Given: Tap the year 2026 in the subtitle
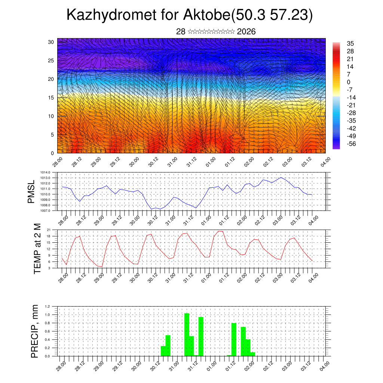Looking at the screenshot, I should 246,32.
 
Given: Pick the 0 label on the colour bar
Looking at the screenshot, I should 349,82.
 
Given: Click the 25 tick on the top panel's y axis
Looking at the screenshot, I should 51,60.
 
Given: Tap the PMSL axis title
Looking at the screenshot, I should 33,191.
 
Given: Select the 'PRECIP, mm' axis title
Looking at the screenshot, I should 35,331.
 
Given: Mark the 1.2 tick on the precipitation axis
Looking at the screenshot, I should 48,306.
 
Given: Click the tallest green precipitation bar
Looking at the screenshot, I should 187,334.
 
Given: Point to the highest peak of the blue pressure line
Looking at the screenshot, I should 281,177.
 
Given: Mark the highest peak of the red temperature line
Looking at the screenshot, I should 221,231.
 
